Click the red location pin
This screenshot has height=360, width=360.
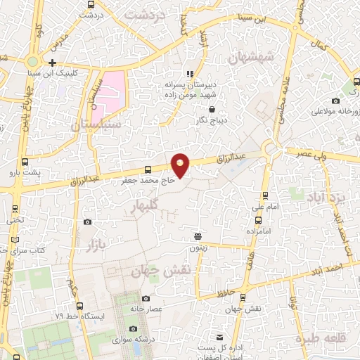(x=181, y=165)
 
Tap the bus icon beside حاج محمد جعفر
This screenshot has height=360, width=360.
(x=147, y=169)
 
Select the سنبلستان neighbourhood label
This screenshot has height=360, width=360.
(x=96, y=124)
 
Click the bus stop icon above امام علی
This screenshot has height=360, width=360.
(x=265, y=195)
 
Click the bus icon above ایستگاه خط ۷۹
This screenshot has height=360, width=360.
(x=79, y=306)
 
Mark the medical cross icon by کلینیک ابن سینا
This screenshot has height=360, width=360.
(x=51, y=63)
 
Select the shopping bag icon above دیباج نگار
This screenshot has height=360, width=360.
(x=212, y=109)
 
